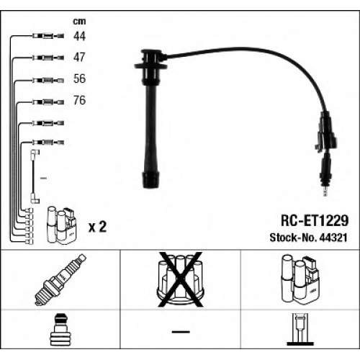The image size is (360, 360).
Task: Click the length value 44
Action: [x=79, y=36]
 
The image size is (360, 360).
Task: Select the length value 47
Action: [x=79, y=58]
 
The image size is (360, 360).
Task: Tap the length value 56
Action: [x=79, y=78]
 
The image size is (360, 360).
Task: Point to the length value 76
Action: [x=79, y=100]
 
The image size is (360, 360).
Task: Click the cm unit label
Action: [x=79, y=22]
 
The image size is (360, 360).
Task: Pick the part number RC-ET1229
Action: [x=315, y=220]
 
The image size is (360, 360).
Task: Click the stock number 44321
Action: [x=333, y=238]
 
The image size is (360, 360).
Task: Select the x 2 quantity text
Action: [x=97, y=227]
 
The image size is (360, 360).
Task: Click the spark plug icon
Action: [x=60, y=280]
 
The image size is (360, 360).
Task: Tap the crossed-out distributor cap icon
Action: [x=180, y=279]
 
